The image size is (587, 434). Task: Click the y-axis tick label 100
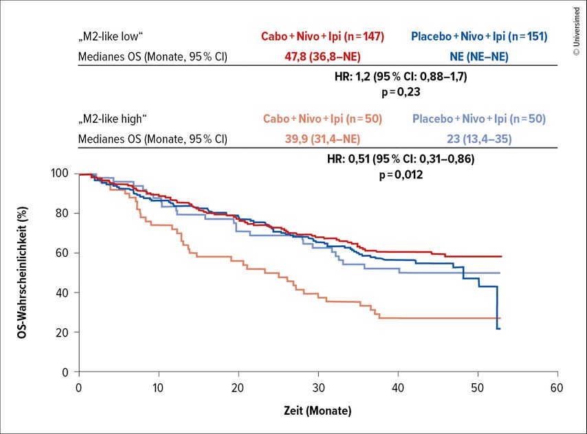pyautogui.click(x=60, y=174)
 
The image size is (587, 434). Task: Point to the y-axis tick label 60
pyautogui.click(x=63, y=253)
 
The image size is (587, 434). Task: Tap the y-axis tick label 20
pyautogui.click(x=63, y=332)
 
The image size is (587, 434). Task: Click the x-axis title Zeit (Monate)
pyautogui.click(x=318, y=411)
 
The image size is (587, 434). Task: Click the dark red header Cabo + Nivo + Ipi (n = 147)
pyautogui.click(x=322, y=36)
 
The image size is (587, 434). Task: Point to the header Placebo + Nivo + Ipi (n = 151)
pyautogui.click(x=478, y=36)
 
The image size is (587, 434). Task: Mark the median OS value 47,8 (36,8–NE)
pyautogui.click(x=322, y=56)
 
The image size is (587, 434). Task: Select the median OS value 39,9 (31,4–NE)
pyautogui.click(x=322, y=139)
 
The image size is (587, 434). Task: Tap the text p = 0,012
pyautogui.click(x=400, y=175)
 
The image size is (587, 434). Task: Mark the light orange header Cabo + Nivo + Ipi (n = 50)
pyautogui.click(x=322, y=118)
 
